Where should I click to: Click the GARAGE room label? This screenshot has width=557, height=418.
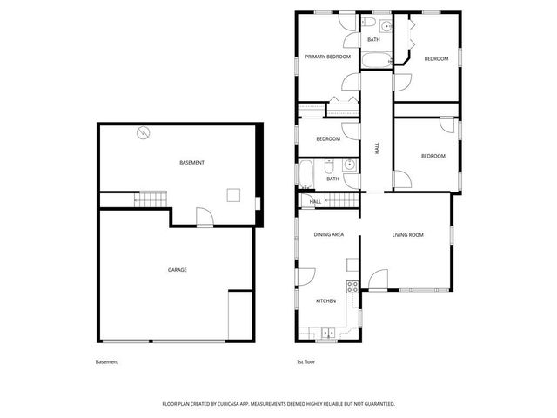click(x=178, y=270)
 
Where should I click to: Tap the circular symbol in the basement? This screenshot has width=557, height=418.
click(x=144, y=133)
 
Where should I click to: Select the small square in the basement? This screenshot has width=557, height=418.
click(x=232, y=195)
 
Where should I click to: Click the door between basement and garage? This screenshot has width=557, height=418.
click(x=204, y=217)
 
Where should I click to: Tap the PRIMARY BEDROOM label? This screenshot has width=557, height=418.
click(x=327, y=57)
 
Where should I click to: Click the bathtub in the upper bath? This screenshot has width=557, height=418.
click(x=378, y=62)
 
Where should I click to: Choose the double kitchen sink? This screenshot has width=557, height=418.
click(x=327, y=332)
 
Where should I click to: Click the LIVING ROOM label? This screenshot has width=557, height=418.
click(x=407, y=235)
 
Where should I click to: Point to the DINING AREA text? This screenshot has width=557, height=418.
click(x=329, y=235)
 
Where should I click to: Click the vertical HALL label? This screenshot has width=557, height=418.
click(x=378, y=149)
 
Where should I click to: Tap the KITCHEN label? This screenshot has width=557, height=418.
click(x=325, y=301)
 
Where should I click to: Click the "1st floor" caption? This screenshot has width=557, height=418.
click(x=305, y=361)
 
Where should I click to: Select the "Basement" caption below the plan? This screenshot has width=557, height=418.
click(x=106, y=361)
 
